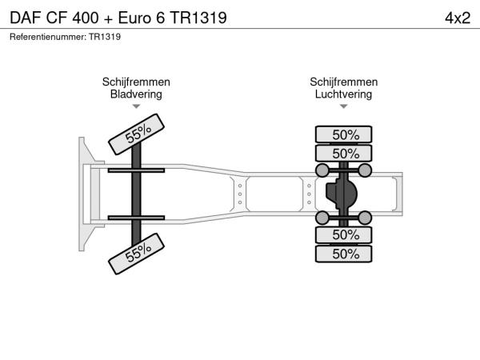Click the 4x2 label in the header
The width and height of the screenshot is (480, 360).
coord(458,18)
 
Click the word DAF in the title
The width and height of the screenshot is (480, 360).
coord(26,18)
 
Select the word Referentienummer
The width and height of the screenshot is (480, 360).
coord(48,37)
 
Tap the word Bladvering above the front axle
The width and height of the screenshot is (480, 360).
coord(136,94)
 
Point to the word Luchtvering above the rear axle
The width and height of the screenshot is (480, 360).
coord(343,94)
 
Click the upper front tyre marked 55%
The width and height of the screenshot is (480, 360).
coord(136,134)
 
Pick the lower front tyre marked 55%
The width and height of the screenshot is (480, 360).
coord(136,254)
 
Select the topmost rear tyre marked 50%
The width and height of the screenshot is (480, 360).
coord(343,134)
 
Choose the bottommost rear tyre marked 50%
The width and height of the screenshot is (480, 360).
coord(343,254)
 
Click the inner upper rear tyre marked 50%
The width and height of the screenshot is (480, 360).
coord(343,154)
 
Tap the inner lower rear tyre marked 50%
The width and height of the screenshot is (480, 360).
coord(343,234)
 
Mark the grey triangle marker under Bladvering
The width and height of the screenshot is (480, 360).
coord(136,106)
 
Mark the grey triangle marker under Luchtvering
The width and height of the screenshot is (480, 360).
coord(343,106)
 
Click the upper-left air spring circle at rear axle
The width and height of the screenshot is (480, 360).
coord(322,170)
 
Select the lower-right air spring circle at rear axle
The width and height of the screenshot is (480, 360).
coord(365,218)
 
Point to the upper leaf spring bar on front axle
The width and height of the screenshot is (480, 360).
coord(136,170)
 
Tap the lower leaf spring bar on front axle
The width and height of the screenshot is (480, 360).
coord(136,218)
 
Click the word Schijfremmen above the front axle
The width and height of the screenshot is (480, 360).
coord(136,82)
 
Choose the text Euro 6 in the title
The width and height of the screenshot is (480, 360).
coord(142,18)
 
